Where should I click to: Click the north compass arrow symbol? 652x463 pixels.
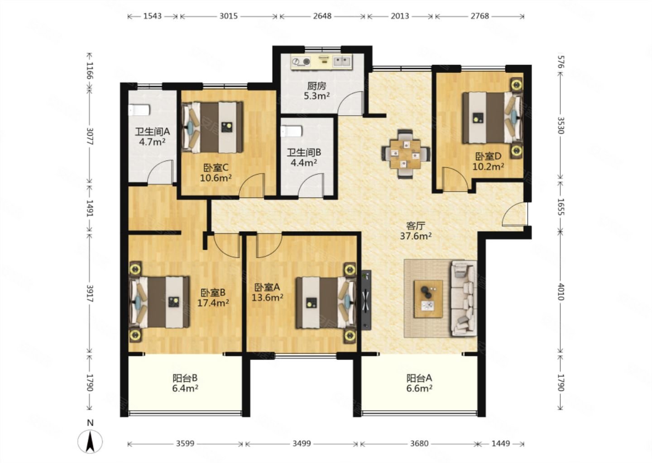click(x=90, y=441)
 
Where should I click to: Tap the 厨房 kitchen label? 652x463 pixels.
click(x=316, y=86)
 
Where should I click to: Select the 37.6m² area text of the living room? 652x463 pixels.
click(x=416, y=236)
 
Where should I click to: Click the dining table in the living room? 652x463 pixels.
click(x=406, y=154)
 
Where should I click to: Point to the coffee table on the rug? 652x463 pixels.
click(x=429, y=299)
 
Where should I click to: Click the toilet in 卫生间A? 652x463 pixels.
click(x=139, y=110)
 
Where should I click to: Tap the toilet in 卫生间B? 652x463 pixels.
click(x=292, y=132)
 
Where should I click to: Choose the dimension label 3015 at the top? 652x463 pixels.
click(x=229, y=16)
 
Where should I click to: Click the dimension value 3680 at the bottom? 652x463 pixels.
click(x=419, y=443)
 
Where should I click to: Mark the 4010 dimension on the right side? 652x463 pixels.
click(x=561, y=292)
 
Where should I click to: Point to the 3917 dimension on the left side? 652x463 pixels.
click(x=90, y=293)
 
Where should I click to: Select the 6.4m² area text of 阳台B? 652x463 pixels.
click(x=185, y=388)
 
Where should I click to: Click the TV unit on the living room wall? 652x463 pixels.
click(x=366, y=300)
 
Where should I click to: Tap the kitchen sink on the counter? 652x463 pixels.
click(x=341, y=61)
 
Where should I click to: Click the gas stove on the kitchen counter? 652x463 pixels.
click(x=301, y=62)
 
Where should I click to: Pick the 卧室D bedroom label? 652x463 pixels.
click(x=488, y=156)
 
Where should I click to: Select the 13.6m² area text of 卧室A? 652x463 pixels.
click(x=268, y=298)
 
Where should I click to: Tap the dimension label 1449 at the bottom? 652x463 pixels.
click(x=501, y=443)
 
